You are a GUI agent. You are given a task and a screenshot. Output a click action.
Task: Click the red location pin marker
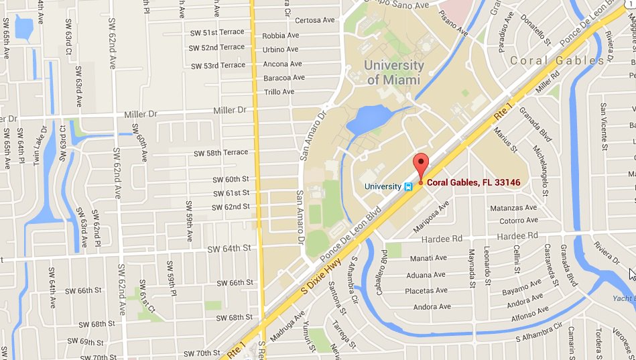point(420,165)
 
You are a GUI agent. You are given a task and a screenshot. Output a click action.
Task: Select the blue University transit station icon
point(407,186)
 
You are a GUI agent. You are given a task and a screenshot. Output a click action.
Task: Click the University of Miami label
point(393,72)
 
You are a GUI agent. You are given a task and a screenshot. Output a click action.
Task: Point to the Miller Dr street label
point(229,110)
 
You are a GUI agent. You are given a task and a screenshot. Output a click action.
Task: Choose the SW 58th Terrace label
point(221,153)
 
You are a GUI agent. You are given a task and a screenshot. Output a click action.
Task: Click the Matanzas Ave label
point(513,208)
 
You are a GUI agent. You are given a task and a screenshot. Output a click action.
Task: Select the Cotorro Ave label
point(518,221)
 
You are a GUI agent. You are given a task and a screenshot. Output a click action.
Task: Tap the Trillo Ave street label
point(279,92)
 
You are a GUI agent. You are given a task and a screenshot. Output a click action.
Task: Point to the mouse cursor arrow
point(631,274)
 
